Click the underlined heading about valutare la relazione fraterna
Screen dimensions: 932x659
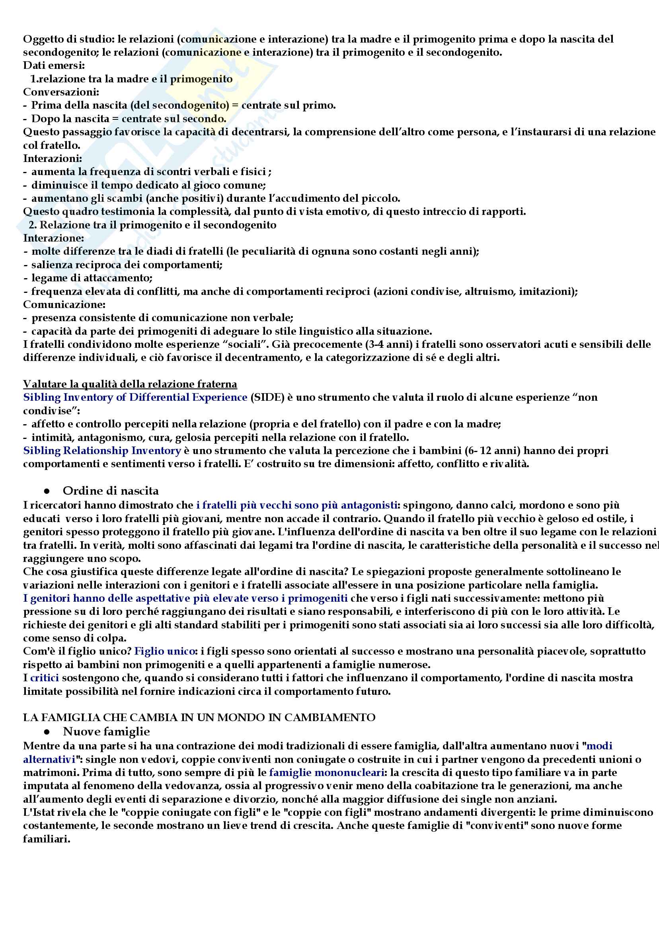point(130,384)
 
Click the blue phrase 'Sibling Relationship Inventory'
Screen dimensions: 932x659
point(102,450)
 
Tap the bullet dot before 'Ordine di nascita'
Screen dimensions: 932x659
point(47,491)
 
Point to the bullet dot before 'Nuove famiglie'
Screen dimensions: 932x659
point(47,732)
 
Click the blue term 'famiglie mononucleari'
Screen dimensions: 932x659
point(326,772)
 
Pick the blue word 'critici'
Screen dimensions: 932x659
point(45,678)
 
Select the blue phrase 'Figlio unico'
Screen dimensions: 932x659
point(164,651)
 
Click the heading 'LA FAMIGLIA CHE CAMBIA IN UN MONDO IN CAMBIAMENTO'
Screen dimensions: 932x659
point(199,718)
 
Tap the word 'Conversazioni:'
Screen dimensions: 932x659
point(61,92)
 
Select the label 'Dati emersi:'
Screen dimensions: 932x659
point(54,65)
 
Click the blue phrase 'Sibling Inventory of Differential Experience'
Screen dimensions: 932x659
point(135,398)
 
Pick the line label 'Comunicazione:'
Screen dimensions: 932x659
point(64,304)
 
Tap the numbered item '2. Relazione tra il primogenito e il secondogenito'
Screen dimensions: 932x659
point(153,225)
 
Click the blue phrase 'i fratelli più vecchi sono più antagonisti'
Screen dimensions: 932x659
point(296,505)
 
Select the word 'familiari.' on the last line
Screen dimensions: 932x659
point(47,839)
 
